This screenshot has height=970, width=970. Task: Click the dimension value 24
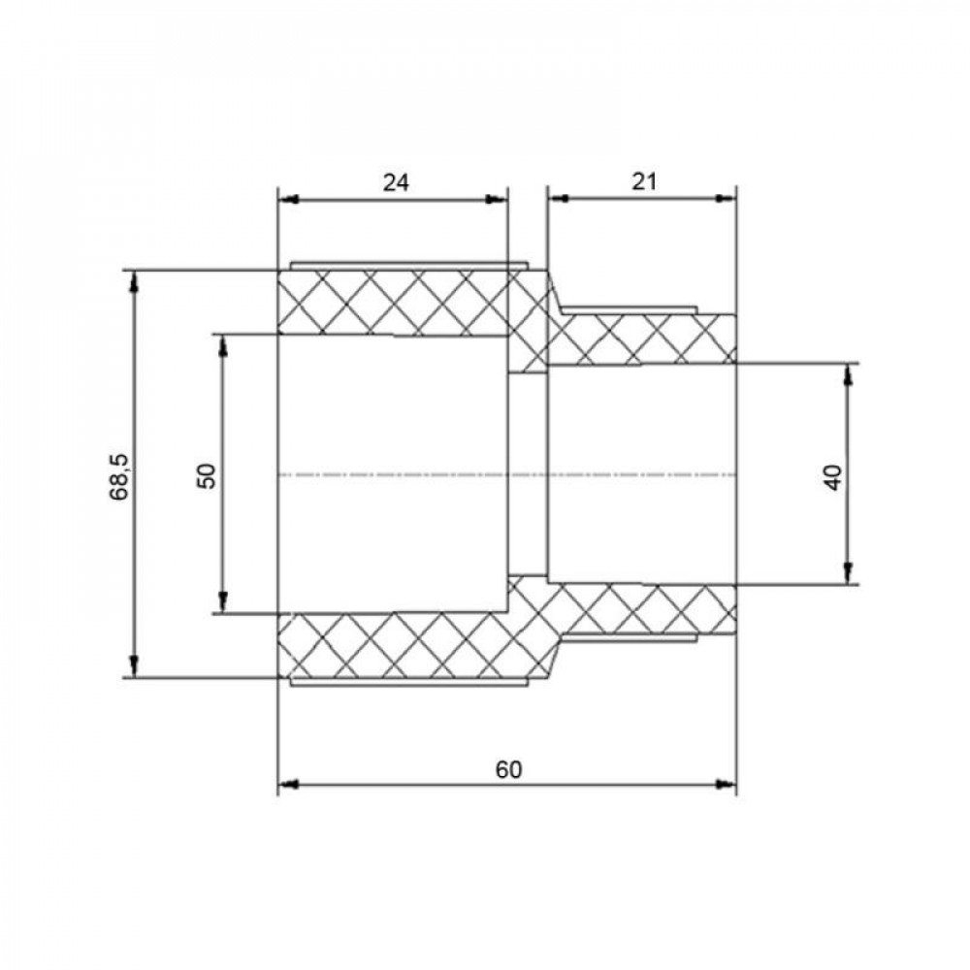coord(396,182)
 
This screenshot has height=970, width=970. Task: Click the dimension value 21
coord(644,182)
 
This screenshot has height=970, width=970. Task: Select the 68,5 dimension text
coord(118,476)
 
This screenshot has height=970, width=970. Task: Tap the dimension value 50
coord(208,475)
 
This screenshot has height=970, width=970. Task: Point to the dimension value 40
coord(834,477)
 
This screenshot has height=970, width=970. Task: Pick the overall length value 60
coord(508,770)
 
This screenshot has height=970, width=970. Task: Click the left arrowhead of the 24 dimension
coord(288,199)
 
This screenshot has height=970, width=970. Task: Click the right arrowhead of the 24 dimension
coord(496,199)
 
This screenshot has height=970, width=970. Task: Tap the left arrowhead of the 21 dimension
coord(559,199)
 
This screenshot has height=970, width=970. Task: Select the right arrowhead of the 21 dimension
coord(726,199)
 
